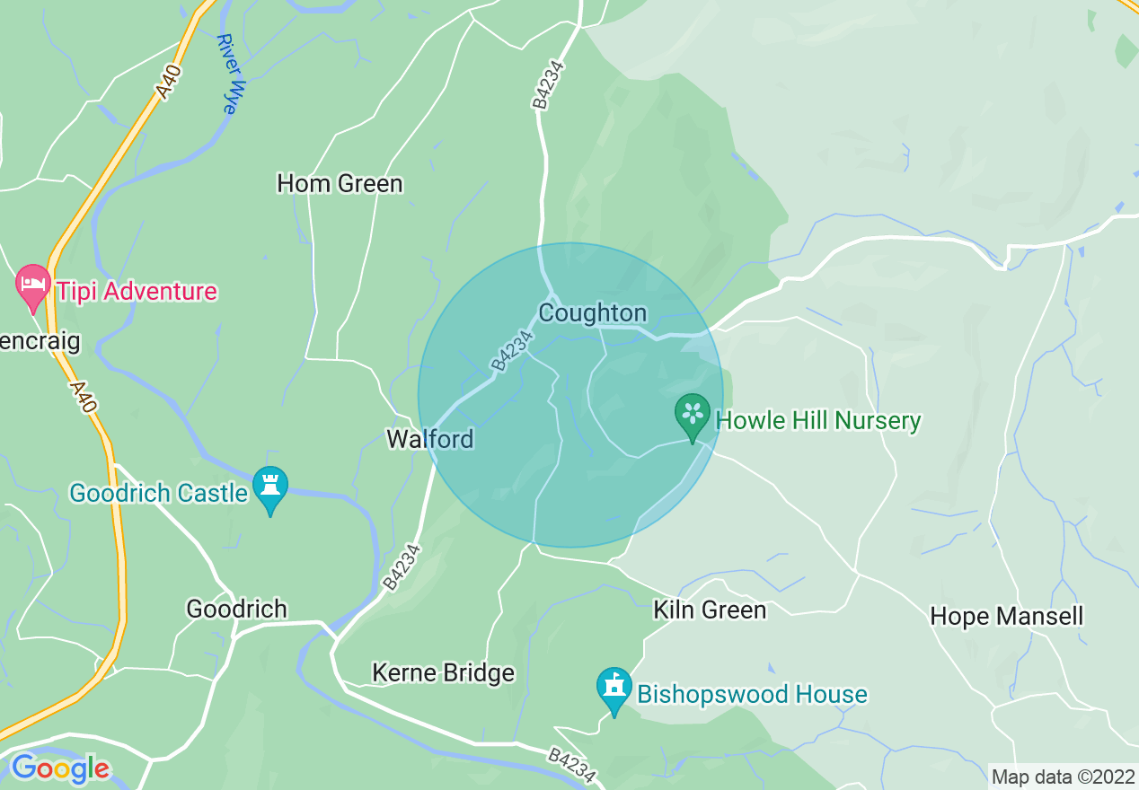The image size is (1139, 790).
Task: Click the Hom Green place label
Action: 340,184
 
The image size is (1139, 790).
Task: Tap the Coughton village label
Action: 592,313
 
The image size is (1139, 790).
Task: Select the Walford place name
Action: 429,439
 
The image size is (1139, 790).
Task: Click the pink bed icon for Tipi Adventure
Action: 34,284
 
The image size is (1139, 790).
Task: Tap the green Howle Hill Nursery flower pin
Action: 693,414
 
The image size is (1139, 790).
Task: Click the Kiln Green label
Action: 710,610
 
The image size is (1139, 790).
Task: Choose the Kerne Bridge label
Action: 444,673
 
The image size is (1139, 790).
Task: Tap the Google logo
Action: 59,768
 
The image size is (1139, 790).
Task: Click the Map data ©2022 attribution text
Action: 1062,776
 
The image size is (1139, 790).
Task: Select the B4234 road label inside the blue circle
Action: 512,351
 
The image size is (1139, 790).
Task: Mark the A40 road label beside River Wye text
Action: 168,80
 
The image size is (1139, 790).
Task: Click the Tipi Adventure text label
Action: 136,292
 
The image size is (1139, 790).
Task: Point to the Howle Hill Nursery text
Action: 817,421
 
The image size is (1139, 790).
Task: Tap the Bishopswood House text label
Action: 752,695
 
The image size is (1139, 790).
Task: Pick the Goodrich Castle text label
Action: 158,494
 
